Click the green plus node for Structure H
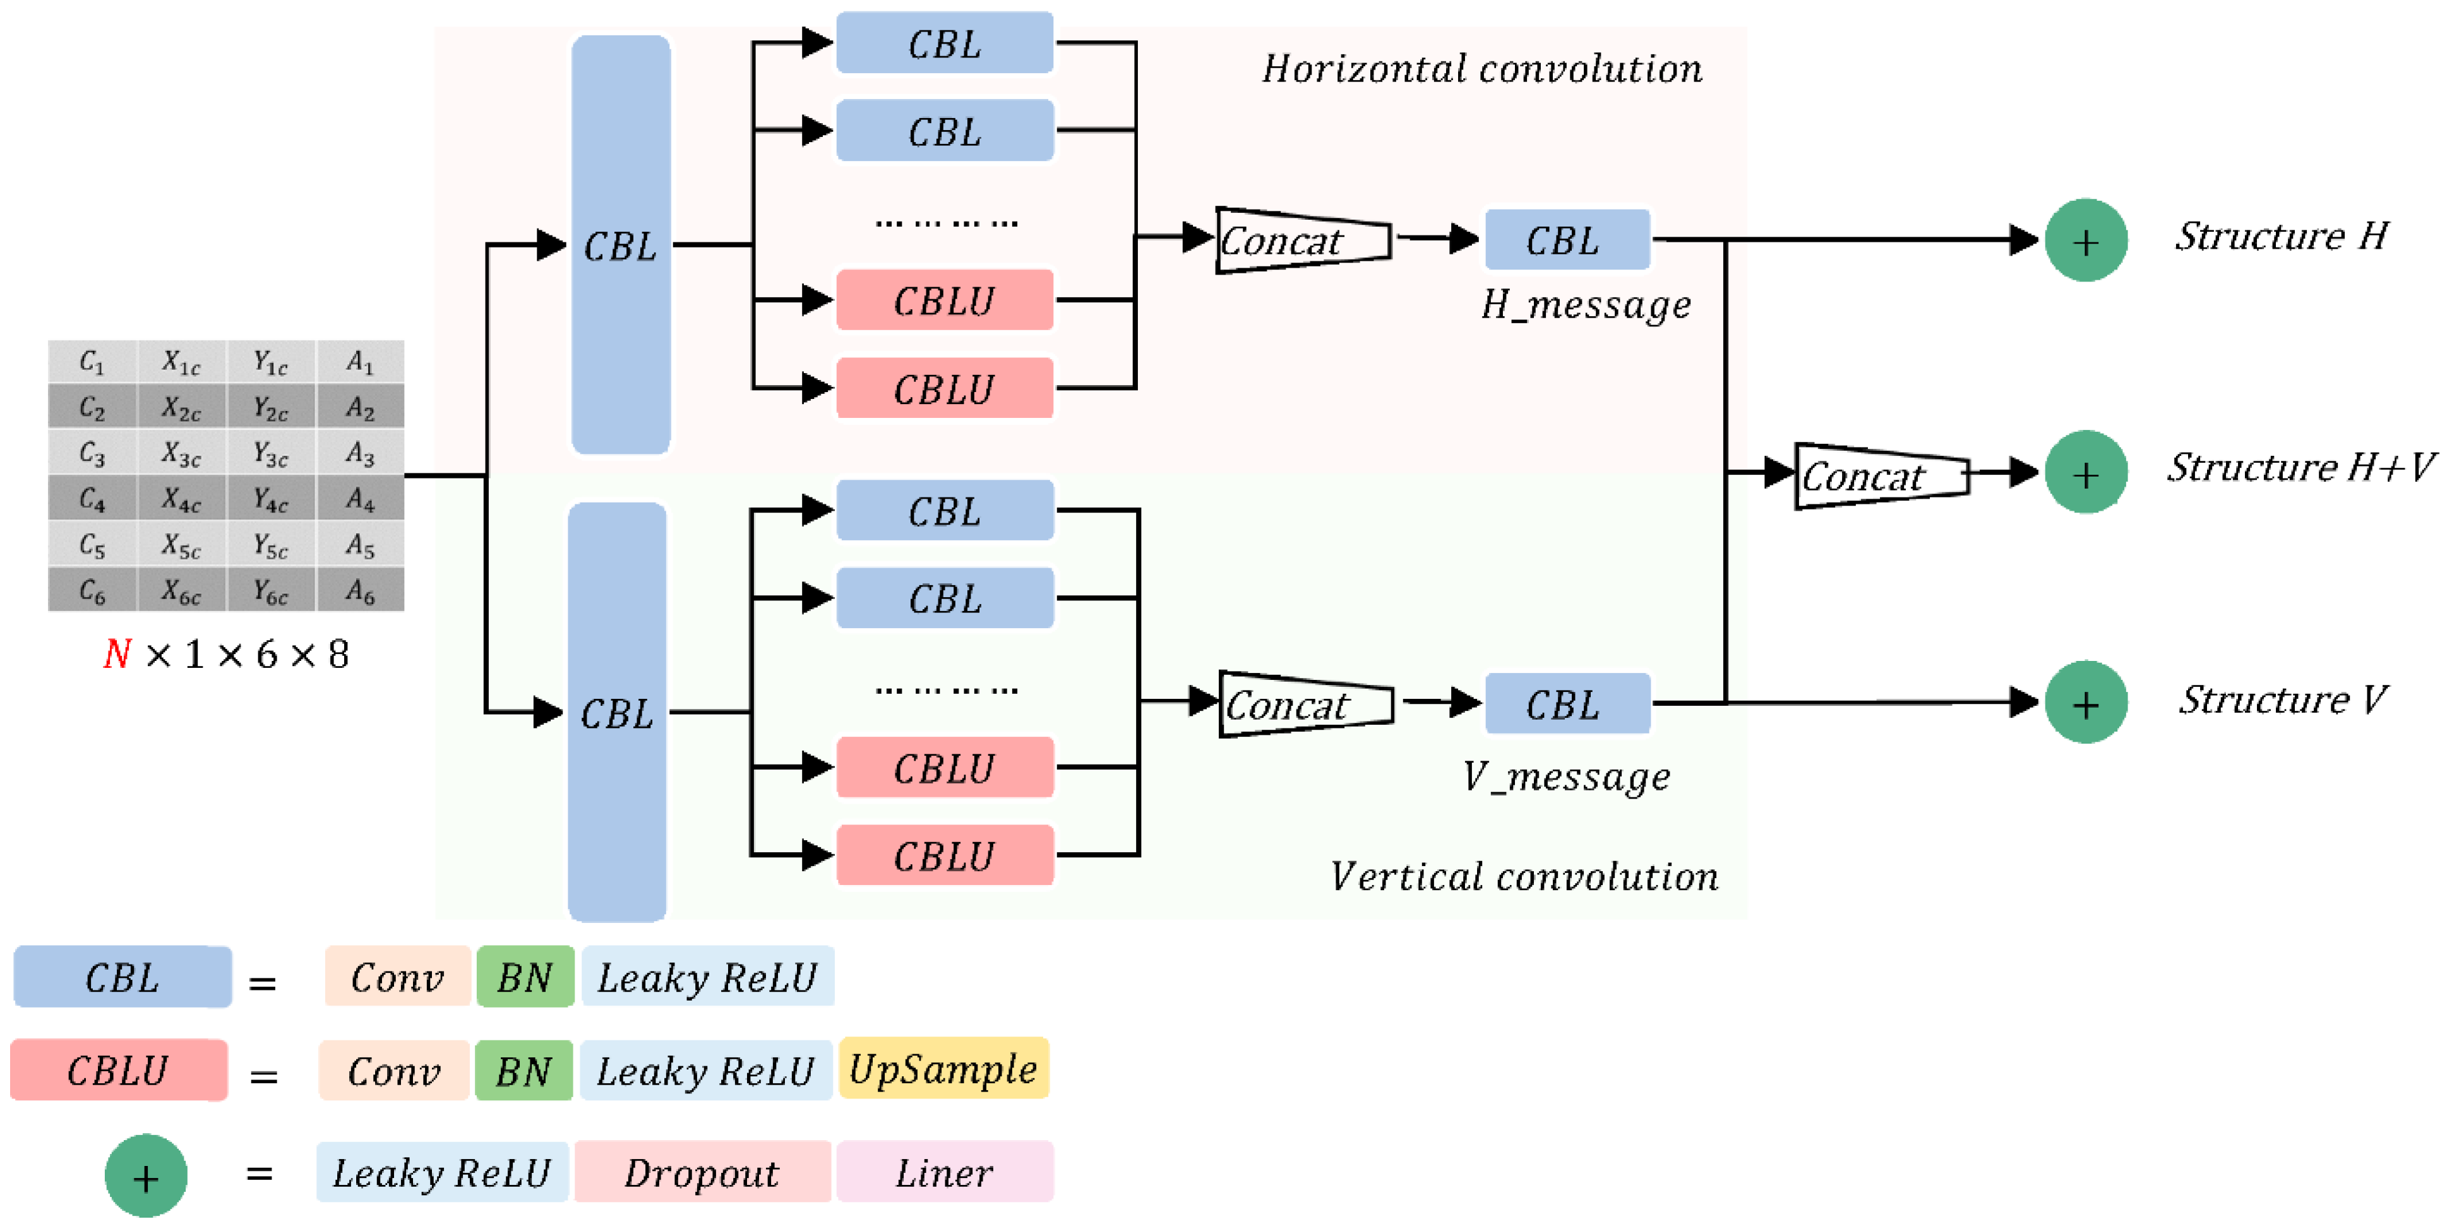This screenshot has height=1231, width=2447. click(2085, 241)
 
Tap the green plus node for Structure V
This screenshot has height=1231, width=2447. click(2085, 703)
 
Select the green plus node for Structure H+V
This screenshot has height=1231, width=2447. click(2085, 472)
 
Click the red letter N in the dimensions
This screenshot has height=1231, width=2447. click(117, 655)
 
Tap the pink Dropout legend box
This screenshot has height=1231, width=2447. click(702, 1172)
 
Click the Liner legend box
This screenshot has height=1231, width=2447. click(944, 1172)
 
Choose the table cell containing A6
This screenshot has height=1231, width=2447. click(360, 591)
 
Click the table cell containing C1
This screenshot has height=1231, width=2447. click(92, 362)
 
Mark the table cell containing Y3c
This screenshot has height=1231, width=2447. click(271, 454)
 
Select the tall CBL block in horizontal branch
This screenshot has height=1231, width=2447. click(620, 245)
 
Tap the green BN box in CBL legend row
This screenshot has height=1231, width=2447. click(525, 977)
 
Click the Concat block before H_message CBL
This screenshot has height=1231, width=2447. click(1301, 241)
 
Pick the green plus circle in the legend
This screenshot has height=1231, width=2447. click(145, 1176)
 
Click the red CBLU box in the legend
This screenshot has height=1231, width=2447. click(119, 1071)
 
